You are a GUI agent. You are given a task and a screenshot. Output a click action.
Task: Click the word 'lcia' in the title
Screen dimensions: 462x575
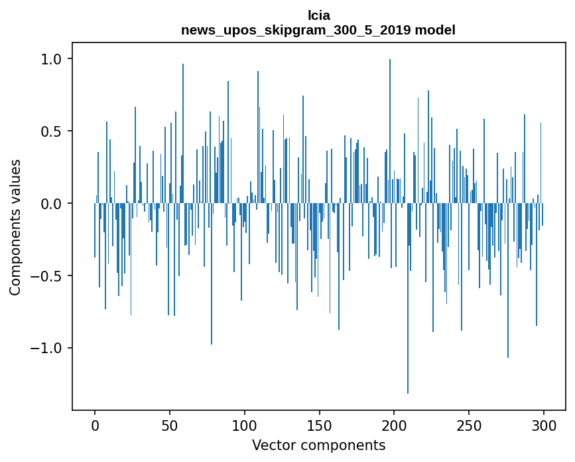pos(318,15)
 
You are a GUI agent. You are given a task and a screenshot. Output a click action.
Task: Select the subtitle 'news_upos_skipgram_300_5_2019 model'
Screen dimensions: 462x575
pos(318,31)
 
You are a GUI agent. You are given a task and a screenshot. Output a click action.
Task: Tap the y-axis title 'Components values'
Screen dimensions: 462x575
pos(15,227)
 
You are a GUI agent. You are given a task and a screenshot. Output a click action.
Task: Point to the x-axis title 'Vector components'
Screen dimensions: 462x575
pos(318,445)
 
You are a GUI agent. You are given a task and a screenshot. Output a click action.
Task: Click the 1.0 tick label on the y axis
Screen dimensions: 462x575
pos(50,59)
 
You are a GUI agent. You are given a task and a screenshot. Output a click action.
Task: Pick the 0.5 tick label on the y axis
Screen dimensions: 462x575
pos(50,131)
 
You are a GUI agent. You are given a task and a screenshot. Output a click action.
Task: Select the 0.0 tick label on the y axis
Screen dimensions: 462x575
pos(50,204)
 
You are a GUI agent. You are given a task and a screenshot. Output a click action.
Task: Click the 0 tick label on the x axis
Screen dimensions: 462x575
pos(95,425)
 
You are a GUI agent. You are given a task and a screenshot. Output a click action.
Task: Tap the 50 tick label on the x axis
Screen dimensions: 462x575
pos(170,425)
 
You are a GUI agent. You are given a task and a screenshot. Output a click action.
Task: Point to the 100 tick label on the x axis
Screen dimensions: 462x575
pos(245,425)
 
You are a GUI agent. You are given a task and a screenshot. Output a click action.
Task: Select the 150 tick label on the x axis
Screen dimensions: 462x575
pos(319,425)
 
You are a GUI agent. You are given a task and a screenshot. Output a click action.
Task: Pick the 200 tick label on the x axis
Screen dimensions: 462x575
pos(394,425)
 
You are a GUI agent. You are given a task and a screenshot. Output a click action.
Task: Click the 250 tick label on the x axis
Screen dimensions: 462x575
pos(469,425)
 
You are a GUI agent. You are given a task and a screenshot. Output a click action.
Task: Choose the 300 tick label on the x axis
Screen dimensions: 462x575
pos(544,425)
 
